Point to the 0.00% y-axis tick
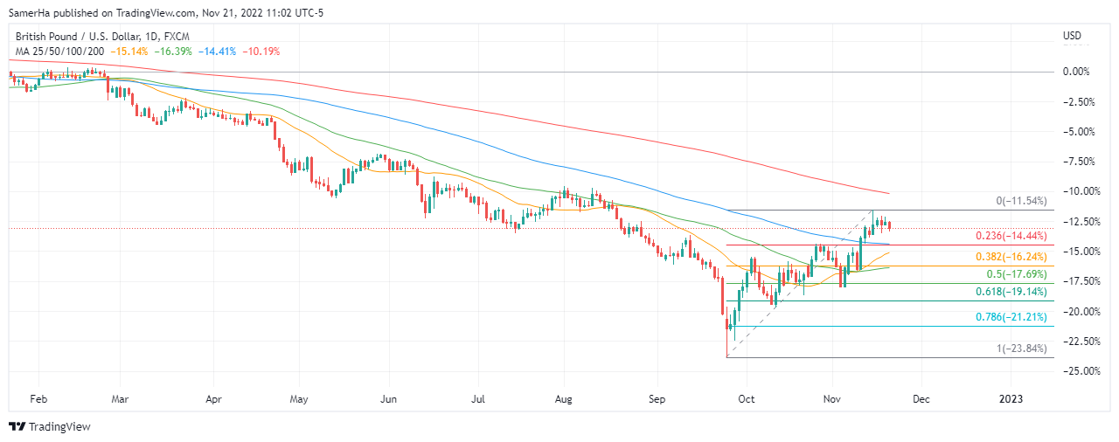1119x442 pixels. (x=1081, y=72)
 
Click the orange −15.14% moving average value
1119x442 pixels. (x=130, y=52)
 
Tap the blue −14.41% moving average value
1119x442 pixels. (x=218, y=52)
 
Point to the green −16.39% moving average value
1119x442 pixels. (x=174, y=52)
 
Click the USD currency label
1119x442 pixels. (x=1072, y=36)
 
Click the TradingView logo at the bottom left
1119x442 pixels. (x=50, y=427)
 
